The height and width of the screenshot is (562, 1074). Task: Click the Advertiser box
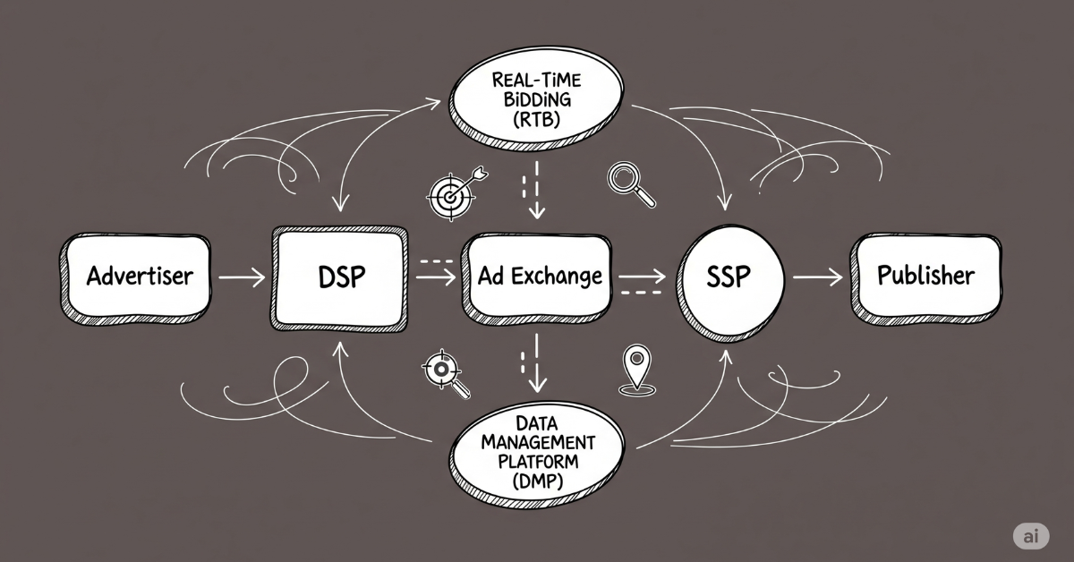[139, 276]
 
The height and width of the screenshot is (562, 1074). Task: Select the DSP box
[341, 277]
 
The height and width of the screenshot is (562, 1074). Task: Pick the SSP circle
[729, 277]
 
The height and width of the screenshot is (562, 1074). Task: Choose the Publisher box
[925, 276]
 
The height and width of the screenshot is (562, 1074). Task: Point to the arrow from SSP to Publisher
[817, 278]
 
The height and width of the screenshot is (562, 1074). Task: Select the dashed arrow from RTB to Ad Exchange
[535, 190]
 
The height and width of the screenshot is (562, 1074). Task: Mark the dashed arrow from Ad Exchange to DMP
[535, 362]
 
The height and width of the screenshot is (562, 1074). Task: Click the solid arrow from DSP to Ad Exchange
[437, 278]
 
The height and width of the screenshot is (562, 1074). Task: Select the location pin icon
[634, 370]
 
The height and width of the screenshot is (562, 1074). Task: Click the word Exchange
[564, 277]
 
